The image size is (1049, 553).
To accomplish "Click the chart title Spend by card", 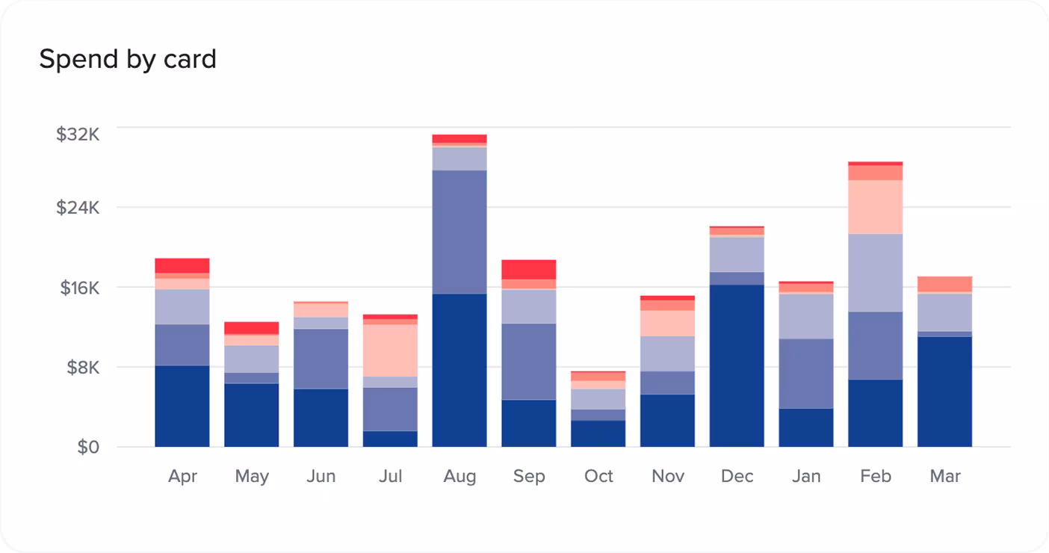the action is click(128, 60).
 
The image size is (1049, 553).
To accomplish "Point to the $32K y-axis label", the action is click(78, 135).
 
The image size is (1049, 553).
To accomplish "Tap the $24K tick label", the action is click(78, 208).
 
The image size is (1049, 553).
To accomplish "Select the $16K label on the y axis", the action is click(80, 288).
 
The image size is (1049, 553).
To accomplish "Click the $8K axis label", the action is click(83, 368).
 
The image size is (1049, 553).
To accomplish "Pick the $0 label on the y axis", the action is click(88, 447).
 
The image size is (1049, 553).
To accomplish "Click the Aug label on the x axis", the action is click(460, 476).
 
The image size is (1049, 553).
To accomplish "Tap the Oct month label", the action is click(598, 476).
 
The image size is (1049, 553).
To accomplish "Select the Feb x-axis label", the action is click(876, 476).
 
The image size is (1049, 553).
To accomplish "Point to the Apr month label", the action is click(182, 477).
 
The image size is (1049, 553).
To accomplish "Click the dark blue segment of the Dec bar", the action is click(737, 365).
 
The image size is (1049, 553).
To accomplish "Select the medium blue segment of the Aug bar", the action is click(459, 232).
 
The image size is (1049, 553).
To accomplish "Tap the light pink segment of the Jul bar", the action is click(390, 350).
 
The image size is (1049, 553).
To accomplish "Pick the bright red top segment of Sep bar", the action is click(529, 270).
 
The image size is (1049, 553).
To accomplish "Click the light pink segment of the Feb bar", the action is click(875, 207).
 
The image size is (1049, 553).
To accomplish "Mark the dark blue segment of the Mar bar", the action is click(944, 392).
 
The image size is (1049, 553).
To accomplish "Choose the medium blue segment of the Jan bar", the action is click(806, 374).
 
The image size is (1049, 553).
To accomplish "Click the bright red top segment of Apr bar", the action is click(182, 265).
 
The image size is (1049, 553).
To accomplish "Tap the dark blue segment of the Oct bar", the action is click(598, 433).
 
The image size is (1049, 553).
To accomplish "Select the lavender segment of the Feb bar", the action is click(875, 273).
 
